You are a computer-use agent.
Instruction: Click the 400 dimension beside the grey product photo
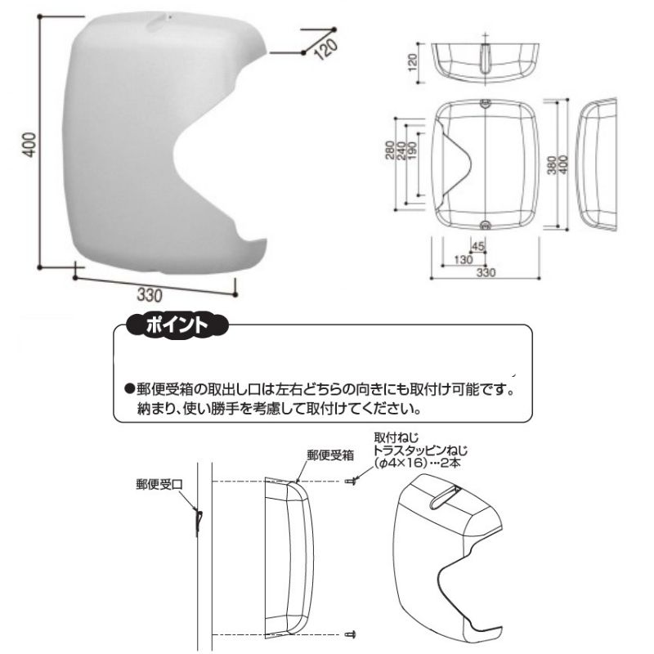(29, 145)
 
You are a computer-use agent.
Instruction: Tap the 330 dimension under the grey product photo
(149, 295)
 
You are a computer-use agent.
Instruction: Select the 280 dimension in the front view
(389, 150)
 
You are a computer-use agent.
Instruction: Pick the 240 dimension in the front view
(401, 150)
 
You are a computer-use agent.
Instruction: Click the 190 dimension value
(411, 150)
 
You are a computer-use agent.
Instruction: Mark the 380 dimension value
(551, 165)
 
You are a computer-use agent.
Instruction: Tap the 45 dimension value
(477, 246)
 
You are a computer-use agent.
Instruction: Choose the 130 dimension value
(463, 259)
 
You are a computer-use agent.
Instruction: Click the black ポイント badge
(177, 325)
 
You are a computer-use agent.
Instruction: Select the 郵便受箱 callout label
(330, 455)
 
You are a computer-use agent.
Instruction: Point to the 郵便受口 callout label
(159, 484)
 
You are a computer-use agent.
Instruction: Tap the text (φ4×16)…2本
(417, 463)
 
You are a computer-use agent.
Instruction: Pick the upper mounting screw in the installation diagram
(351, 482)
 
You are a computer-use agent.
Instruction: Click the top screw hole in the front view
(485, 104)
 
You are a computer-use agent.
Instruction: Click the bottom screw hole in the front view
(485, 226)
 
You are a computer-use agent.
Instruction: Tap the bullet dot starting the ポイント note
(129, 389)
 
